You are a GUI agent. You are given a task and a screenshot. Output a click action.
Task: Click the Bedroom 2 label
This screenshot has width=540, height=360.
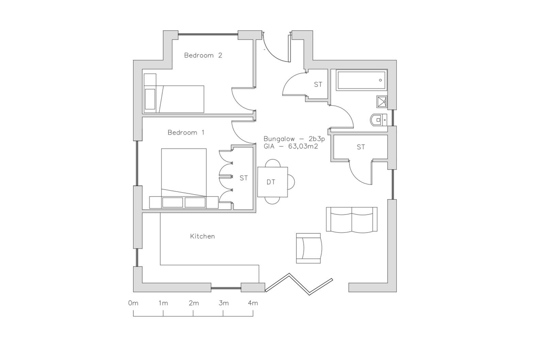[203, 55]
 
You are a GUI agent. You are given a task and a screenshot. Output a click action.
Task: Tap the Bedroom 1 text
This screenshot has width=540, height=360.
[186, 132]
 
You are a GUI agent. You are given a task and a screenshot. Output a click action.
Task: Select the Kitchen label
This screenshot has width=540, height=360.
[202, 236]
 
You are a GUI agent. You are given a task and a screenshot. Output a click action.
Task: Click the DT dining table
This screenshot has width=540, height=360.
[272, 182]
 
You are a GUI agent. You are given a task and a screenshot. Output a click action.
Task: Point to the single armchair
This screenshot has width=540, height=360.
[308, 248]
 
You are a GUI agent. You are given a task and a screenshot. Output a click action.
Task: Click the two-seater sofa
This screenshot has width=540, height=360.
[351, 219]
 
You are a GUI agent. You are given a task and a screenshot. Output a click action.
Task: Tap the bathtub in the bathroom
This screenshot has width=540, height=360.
[361, 80]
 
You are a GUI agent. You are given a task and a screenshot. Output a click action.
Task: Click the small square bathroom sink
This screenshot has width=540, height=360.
[381, 101]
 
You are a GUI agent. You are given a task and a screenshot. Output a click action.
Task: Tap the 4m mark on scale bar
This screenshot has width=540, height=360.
[253, 303]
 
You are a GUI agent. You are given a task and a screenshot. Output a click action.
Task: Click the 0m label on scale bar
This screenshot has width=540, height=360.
[133, 303]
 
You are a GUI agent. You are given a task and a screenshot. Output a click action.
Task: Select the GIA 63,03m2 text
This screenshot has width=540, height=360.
[291, 146]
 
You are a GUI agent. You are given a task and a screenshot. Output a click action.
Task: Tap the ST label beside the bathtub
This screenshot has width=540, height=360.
[318, 84]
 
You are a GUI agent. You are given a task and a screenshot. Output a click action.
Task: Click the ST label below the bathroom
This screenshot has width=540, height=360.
[361, 147]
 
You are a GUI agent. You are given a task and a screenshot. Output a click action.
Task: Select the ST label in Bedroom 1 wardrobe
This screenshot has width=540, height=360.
[244, 178]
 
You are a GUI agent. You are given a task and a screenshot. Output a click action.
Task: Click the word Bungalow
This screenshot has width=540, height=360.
[279, 139]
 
